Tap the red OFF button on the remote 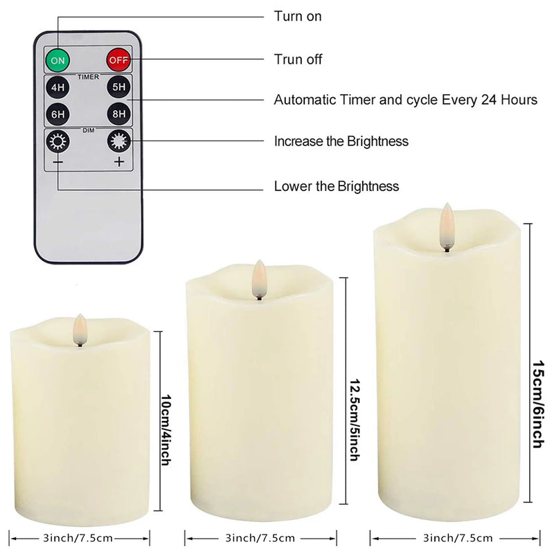(x=119, y=60)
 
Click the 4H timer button (x=58, y=88)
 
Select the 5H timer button (x=119, y=88)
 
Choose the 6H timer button (x=58, y=114)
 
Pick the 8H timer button (x=119, y=114)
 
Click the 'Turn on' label (x=298, y=16)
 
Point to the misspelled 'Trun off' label (x=298, y=60)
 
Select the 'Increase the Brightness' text (x=341, y=141)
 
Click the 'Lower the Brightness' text (x=336, y=186)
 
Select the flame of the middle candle (x=259, y=276)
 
